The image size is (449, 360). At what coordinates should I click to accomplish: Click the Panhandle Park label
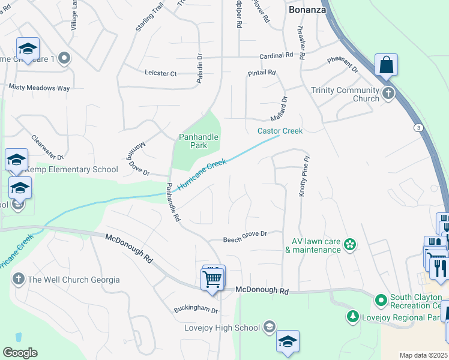[198, 141]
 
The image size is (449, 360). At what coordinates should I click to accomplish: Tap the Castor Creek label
[280, 131]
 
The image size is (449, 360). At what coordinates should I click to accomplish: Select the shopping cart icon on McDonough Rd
[212, 279]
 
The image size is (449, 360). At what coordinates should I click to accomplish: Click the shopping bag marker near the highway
[386, 65]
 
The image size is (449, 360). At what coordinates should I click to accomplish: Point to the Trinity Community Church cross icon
[388, 94]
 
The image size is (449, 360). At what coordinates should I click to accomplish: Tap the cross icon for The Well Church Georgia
[19, 280]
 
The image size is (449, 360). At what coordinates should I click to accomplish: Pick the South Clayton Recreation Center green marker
[381, 299]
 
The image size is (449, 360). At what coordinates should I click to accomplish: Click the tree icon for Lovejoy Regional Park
[354, 316]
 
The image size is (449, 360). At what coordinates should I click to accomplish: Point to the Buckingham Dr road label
[196, 311]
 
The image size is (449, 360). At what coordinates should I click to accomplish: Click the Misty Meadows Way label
[39, 88]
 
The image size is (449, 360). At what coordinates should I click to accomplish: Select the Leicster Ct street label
[161, 73]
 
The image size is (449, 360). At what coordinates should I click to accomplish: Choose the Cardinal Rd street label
[276, 55]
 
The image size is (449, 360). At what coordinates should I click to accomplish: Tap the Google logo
[20, 353]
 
